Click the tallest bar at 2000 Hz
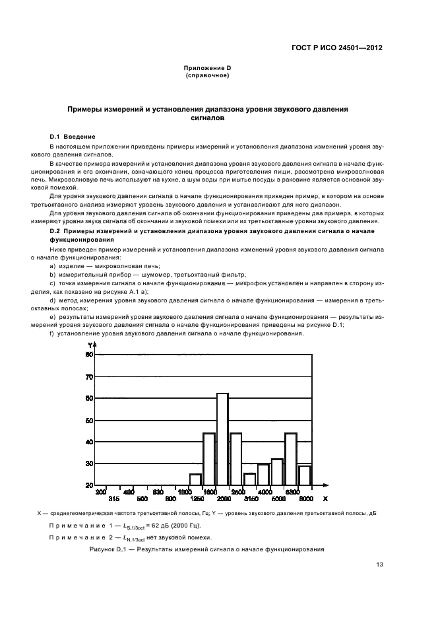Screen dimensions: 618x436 tap(222, 438)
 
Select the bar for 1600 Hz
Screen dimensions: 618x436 tap(208, 459)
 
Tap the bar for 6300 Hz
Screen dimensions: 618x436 tap(290, 459)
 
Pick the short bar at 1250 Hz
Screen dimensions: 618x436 tap(195, 479)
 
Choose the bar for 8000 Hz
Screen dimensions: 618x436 tap(304, 475)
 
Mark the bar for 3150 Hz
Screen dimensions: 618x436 tap(249, 479)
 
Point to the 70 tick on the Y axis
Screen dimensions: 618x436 tap(89, 377)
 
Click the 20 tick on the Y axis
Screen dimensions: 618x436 tap(89, 485)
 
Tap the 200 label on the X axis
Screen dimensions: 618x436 tap(101, 492)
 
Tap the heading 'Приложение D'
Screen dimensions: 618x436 tap(207, 68)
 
